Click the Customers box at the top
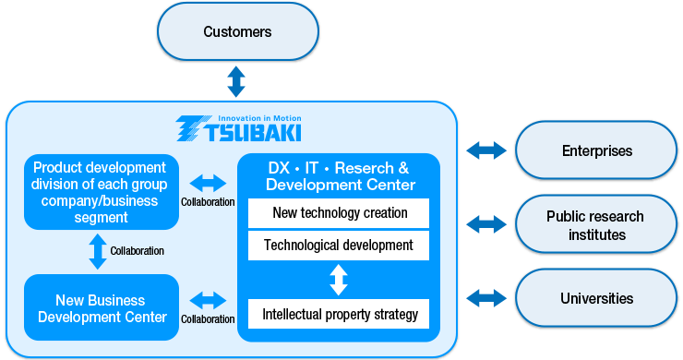[x=237, y=32]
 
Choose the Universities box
[x=596, y=298]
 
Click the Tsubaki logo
[x=237, y=128]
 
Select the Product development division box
[x=100, y=192]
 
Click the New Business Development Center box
[x=100, y=308]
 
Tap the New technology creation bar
[x=339, y=213]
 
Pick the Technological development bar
[x=339, y=246]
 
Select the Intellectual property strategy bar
[x=339, y=314]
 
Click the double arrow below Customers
[x=236, y=81]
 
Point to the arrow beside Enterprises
[x=486, y=150]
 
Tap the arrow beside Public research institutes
[x=486, y=223]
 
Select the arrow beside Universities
[x=486, y=298]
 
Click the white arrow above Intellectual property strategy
[x=339, y=280]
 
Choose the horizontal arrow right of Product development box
[x=208, y=183]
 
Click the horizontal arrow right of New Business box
[x=208, y=300]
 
